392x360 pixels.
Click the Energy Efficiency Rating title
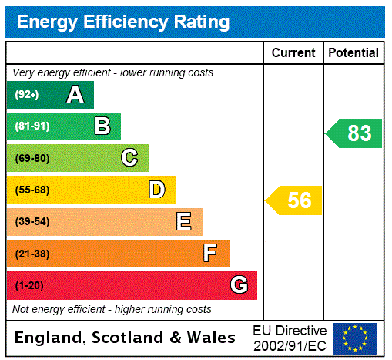click(123, 22)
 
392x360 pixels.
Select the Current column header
click(293, 53)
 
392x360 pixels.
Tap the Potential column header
click(353, 53)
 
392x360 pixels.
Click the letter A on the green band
click(75, 95)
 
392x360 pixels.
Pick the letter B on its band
click(102, 126)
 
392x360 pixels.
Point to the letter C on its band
click(129, 158)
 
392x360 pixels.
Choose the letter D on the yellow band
click(157, 190)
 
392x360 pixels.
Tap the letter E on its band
click(184, 222)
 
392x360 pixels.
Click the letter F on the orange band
click(209, 254)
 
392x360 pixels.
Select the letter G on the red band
click(239, 285)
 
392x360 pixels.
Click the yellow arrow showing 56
click(295, 200)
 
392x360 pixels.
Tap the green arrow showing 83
click(355, 133)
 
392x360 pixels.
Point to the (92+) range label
click(27, 95)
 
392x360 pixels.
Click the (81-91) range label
click(32, 126)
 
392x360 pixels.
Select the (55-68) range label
click(32, 190)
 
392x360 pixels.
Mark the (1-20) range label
click(29, 285)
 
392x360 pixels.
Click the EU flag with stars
click(355, 338)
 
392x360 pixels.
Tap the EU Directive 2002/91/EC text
click(290, 338)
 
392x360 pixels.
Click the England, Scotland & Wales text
click(126, 338)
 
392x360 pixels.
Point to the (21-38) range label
click(32, 254)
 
